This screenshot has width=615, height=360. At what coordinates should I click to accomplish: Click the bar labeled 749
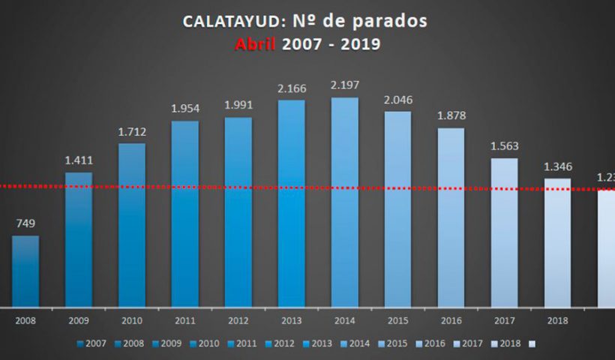[25, 271]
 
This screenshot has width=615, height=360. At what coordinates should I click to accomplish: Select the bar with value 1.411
[79, 239]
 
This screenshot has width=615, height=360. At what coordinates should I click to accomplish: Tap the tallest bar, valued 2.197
[345, 202]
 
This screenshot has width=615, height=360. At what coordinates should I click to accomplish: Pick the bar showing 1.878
[451, 217]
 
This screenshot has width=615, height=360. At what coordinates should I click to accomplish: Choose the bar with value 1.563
[505, 232]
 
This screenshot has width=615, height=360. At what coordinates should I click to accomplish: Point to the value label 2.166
[292, 89]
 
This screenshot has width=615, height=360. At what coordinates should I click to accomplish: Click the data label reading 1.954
[185, 109]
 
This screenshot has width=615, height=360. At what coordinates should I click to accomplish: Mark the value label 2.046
[398, 100]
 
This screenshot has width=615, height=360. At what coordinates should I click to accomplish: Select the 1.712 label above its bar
[132, 132]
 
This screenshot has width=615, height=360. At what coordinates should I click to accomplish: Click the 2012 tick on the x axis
[238, 320]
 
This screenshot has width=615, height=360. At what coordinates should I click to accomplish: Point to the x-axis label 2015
[398, 320]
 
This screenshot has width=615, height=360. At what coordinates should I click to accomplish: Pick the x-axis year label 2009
[79, 320]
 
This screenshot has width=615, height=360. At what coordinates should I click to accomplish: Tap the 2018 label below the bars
[558, 320]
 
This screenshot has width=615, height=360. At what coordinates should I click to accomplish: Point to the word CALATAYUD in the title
[229, 21]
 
